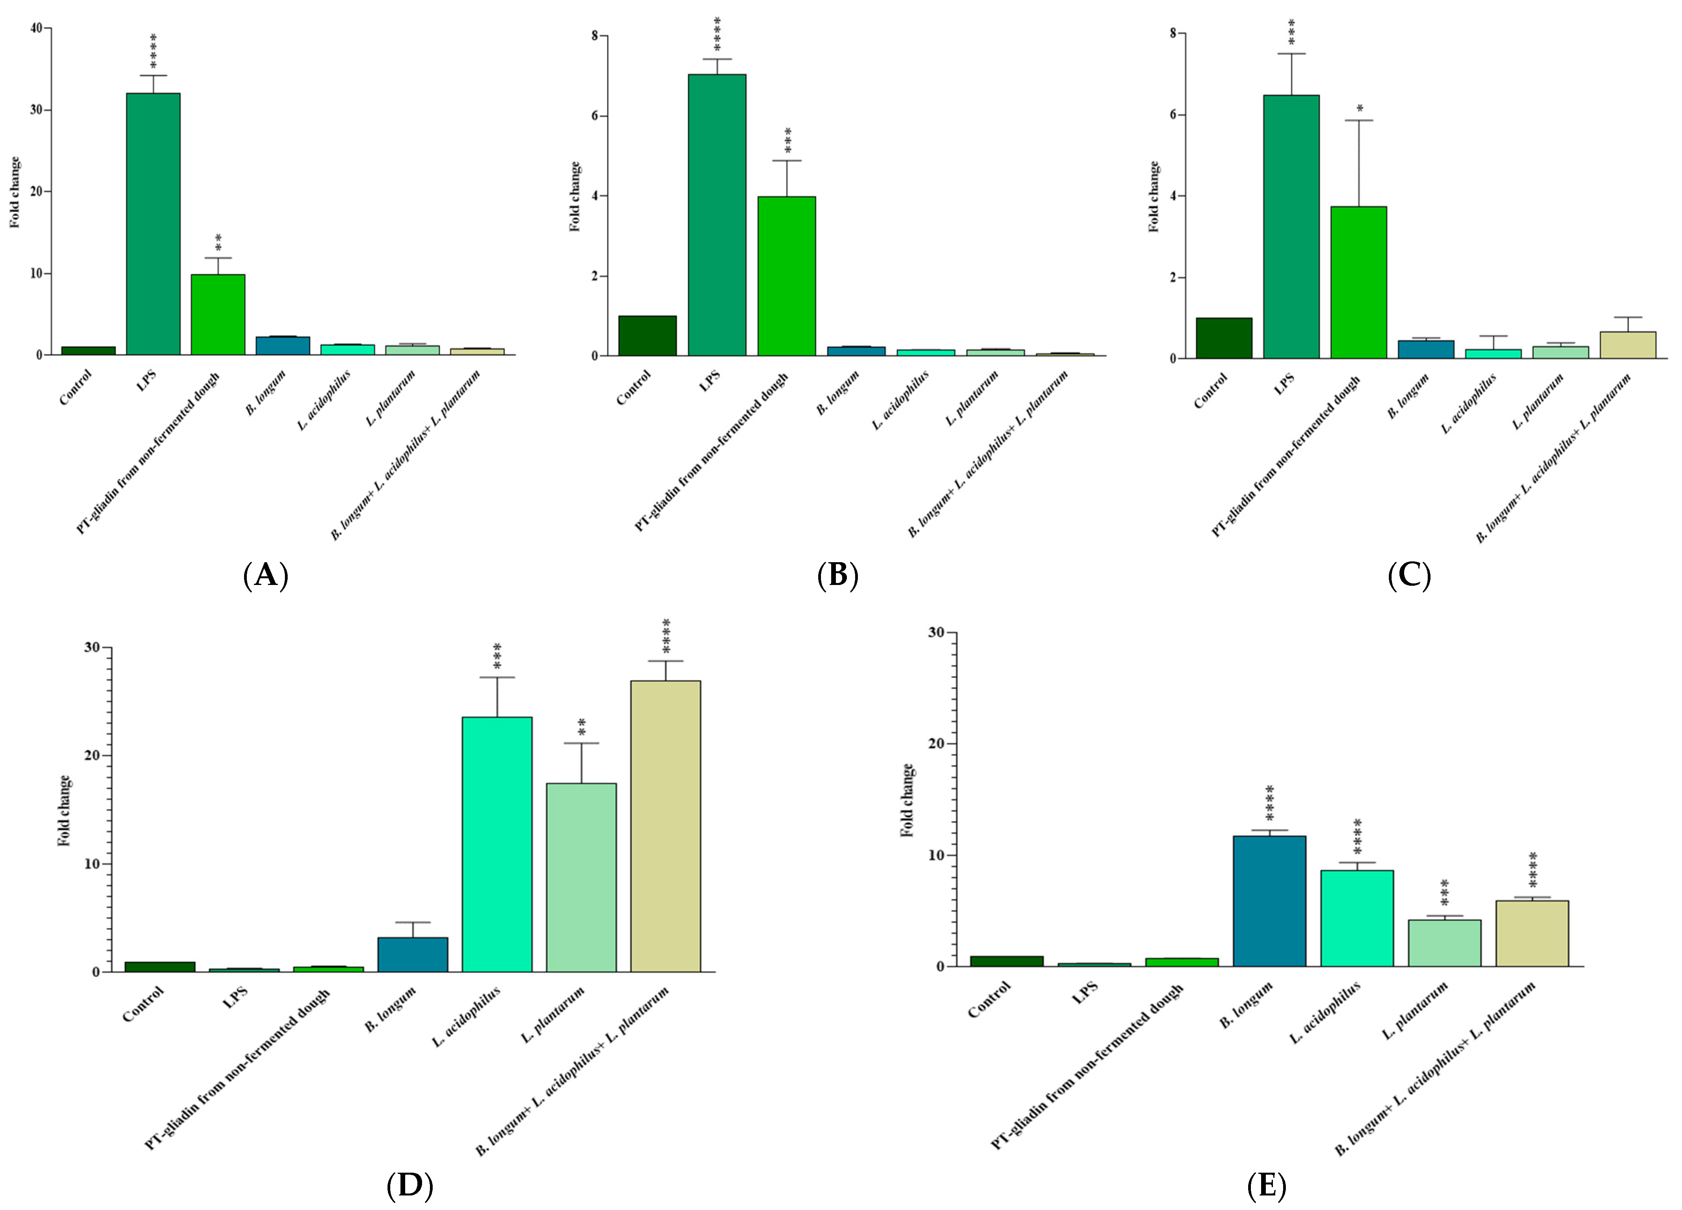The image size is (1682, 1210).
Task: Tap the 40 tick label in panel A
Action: tap(36, 28)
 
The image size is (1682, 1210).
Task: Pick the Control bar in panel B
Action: tap(647, 336)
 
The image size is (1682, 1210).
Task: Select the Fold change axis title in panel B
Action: tap(575, 196)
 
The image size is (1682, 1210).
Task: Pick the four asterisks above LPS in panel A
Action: tap(154, 50)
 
